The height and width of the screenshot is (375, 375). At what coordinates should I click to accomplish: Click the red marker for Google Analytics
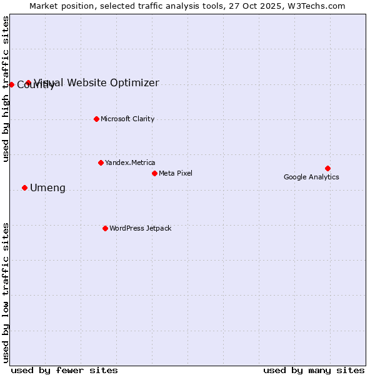point(327,168)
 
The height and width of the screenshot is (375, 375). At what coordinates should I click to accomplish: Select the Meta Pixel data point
point(154,173)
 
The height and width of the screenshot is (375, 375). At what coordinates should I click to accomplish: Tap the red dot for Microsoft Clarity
point(96,119)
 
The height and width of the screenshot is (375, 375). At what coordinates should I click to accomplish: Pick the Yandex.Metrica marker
point(101,162)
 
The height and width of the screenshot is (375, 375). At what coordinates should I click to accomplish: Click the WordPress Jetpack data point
point(105,228)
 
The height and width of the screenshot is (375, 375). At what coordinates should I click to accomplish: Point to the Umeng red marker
point(24,187)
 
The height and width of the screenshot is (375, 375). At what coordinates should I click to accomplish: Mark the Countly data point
point(11,84)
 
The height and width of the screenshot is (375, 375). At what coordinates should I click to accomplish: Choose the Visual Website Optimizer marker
point(28,82)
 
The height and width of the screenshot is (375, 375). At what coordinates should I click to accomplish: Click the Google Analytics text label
point(311,177)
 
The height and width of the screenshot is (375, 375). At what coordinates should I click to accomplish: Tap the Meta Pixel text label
point(176,173)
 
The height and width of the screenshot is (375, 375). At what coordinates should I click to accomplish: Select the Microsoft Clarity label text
point(127,119)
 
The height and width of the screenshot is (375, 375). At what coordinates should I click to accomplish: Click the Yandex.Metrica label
point(130,162)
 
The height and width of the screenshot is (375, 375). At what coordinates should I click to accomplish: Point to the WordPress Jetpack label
point(140,228)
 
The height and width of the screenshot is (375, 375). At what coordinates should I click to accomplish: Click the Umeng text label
point(47,188)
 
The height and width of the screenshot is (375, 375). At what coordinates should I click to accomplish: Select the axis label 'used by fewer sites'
point(64,370)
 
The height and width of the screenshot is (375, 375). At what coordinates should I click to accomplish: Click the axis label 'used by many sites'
point(314,370)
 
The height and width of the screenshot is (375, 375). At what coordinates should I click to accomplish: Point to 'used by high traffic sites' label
point(6,89)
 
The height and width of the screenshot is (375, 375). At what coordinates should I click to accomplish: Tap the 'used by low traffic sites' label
point(6,292)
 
